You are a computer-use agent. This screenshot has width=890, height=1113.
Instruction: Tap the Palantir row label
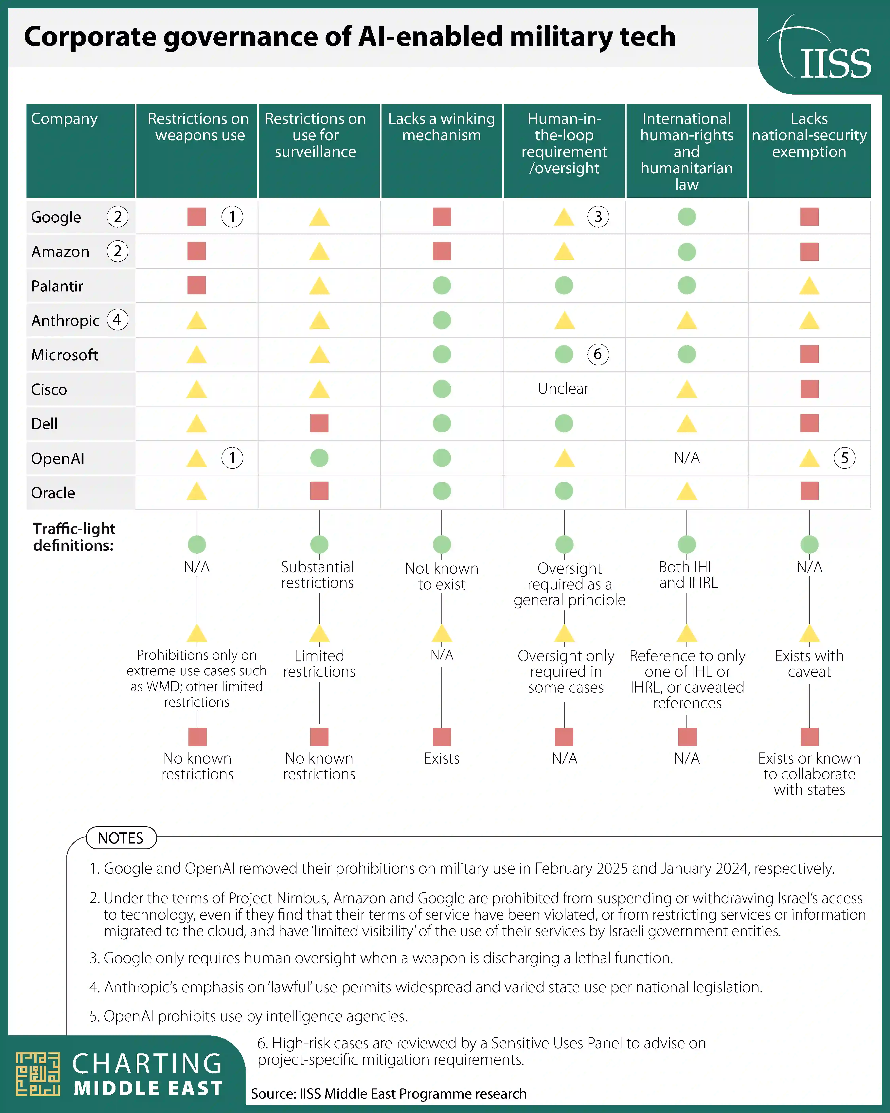click(x=57, y=286)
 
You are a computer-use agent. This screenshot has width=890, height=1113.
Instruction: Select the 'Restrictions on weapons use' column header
click(x=198, y=127)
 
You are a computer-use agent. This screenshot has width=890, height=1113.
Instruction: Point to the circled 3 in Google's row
click(x=598, y=217)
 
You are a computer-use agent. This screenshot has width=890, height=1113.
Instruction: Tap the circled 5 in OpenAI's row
click(x=844, y=458)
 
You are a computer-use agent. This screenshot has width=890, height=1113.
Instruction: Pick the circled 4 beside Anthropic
click(x=117, y=320)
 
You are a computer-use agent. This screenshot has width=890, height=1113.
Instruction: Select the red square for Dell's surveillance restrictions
click(x=319, y=423)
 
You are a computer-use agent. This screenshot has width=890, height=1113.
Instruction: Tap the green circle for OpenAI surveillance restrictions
click(x=319, y=458)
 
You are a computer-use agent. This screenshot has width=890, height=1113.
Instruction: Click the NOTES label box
click(x=121, y=838)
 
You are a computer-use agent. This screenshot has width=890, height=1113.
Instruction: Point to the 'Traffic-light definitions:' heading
click(x=74, y=537)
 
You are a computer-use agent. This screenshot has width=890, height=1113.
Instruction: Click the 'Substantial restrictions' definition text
click(x=317, y=575)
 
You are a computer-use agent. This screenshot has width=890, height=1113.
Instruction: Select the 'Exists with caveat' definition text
click(x=809, y=663)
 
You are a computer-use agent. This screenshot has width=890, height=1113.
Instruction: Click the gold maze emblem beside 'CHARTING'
click(x=38, y=1074)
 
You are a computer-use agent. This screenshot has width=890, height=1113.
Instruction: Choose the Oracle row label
click(x=53, y=493)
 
